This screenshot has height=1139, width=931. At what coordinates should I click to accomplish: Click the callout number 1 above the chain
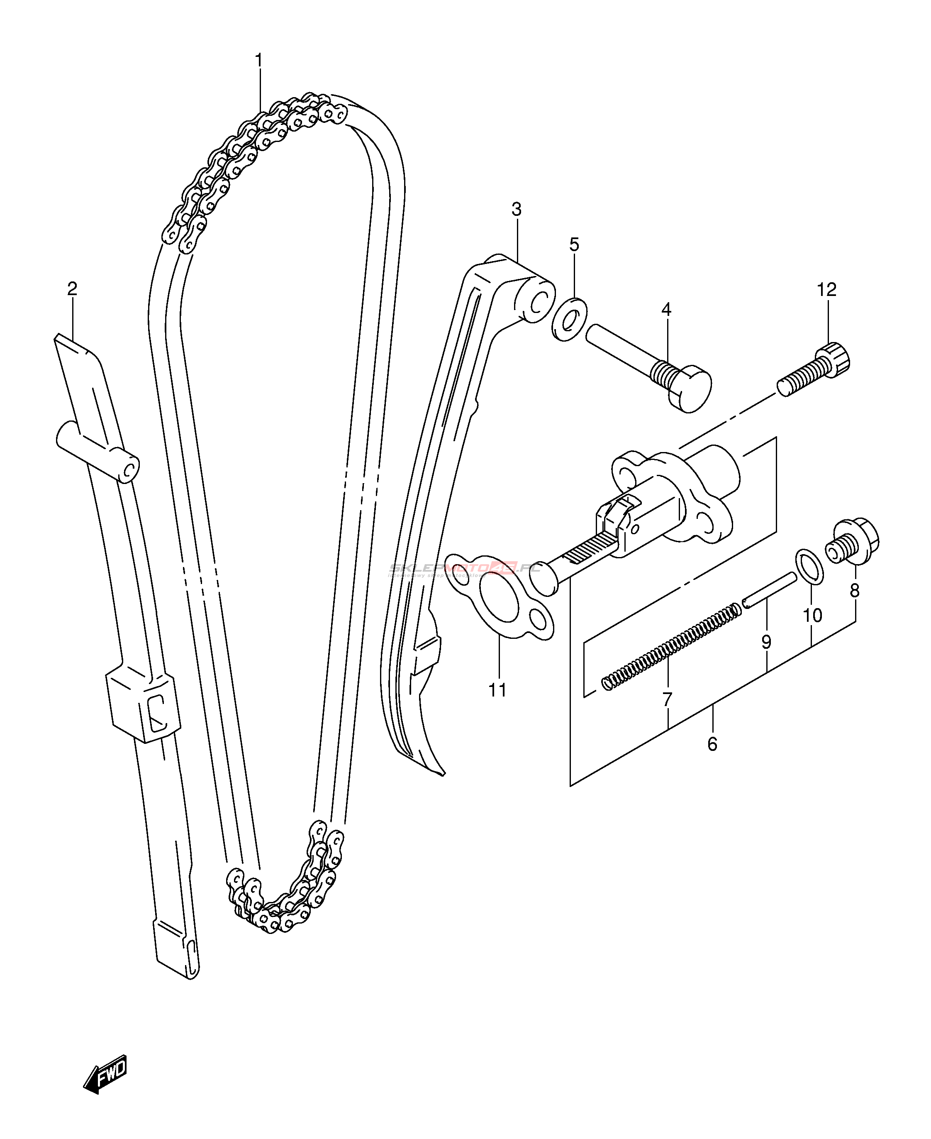259,61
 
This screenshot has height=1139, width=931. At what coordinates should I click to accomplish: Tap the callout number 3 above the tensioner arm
517,209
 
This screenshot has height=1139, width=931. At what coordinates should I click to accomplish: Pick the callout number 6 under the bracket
712,744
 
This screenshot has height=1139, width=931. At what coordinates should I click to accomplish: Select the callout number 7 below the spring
667,699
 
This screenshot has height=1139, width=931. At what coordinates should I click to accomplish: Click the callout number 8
855,591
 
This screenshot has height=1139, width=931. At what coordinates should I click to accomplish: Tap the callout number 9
766,642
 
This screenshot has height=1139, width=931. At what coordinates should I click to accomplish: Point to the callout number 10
812,616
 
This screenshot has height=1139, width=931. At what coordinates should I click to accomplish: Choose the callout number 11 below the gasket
498,690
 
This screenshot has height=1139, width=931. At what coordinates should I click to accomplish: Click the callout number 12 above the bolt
826,290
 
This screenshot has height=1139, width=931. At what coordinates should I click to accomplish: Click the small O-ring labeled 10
810,566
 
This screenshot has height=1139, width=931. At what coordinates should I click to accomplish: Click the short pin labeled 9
770,590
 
